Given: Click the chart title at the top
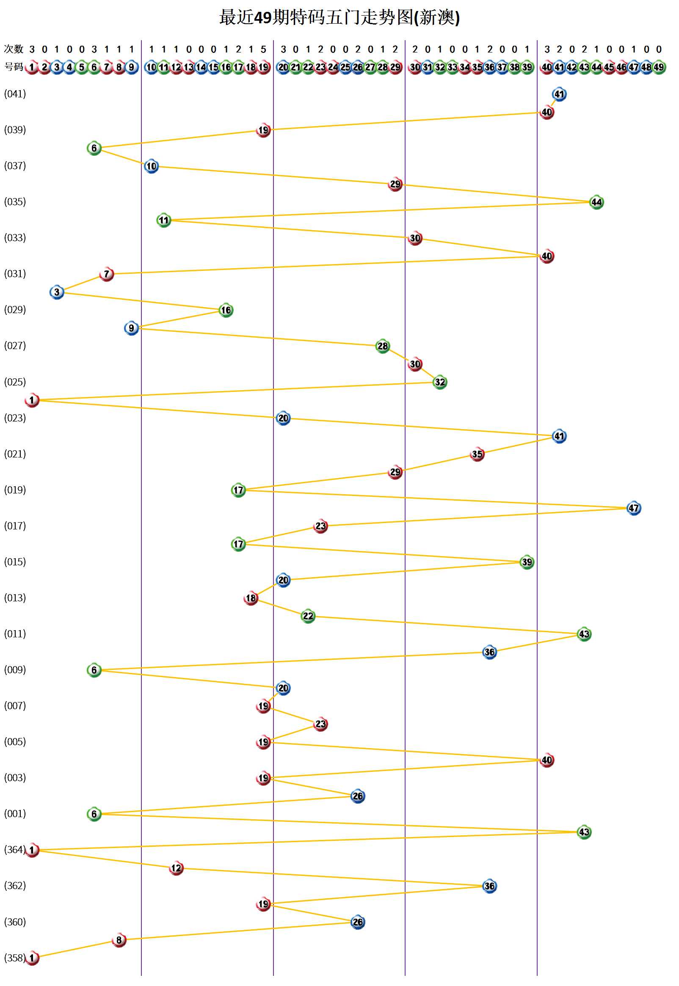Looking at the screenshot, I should coord(339,18).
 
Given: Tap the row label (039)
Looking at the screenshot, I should coord(15,129).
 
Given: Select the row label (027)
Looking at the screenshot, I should coord(15,345).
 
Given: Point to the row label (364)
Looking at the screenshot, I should coord(14,849).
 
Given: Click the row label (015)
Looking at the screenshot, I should coord(15,562).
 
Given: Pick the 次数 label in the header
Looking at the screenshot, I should coord(13,49).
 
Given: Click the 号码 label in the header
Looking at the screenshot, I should coord(13,67).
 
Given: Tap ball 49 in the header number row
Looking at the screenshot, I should coord(659,67).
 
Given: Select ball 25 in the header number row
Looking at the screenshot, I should coord(345,67).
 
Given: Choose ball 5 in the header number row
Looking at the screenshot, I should coord(82,67).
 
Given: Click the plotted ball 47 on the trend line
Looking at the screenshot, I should coord(633,508).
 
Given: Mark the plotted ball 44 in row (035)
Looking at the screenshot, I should coord(596,202).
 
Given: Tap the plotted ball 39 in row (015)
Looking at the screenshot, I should coord(527,562).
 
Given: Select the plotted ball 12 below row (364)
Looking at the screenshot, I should coord(176,868).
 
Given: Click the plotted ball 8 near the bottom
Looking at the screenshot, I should coord(119,939).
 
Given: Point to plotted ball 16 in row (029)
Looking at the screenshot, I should coord(226,310).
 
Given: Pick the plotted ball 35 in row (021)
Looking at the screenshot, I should coord(477,454).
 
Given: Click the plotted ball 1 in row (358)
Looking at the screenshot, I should coord(32,958).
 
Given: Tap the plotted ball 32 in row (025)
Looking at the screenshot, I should coord(439,382).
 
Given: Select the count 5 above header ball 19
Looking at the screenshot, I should coord(263,50).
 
